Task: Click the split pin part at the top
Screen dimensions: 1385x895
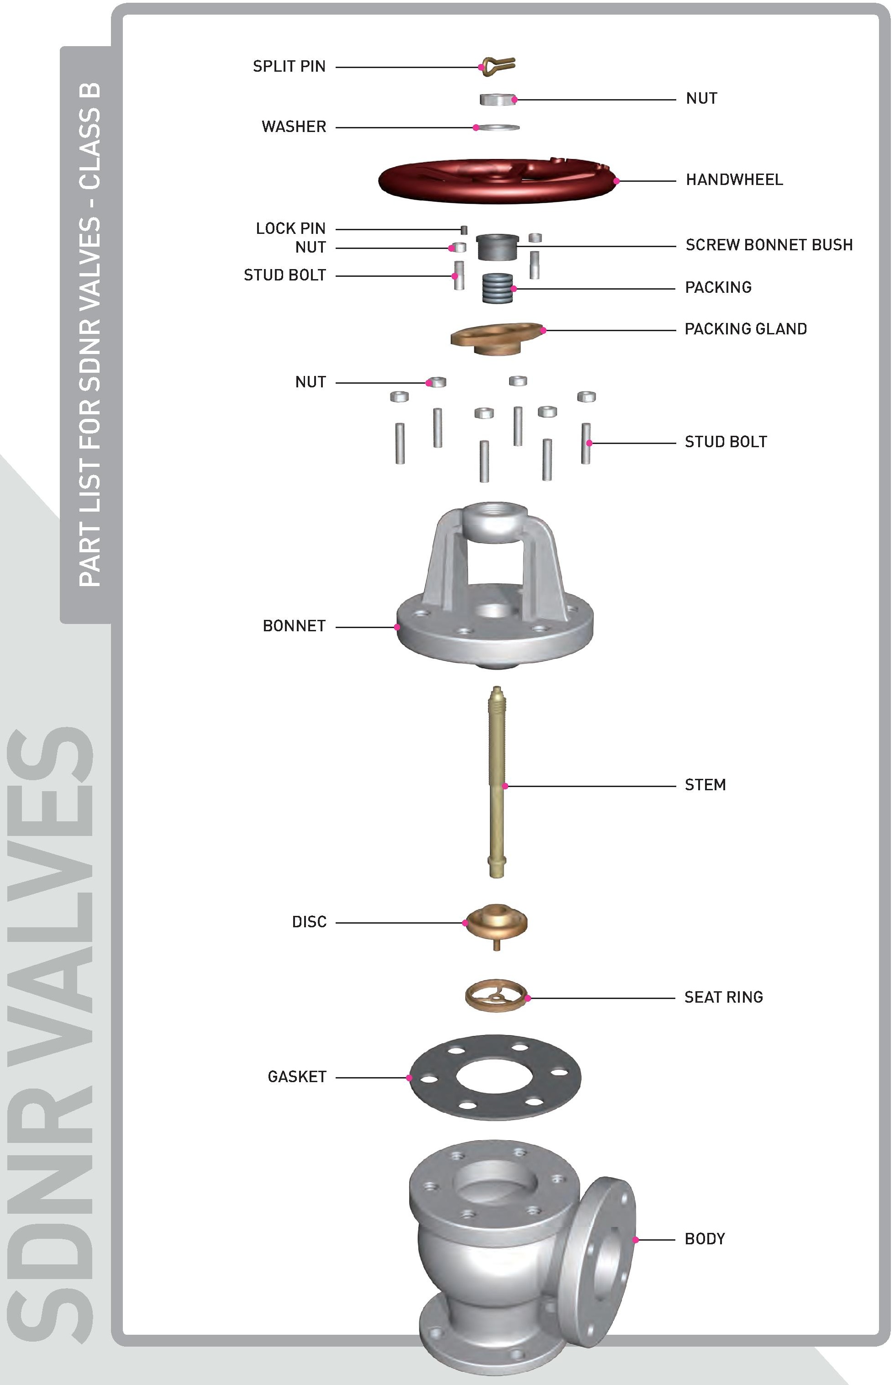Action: pos(499,64)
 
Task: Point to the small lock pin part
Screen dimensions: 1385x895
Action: pos(465,230)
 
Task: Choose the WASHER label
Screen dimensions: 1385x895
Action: pos(295,127)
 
